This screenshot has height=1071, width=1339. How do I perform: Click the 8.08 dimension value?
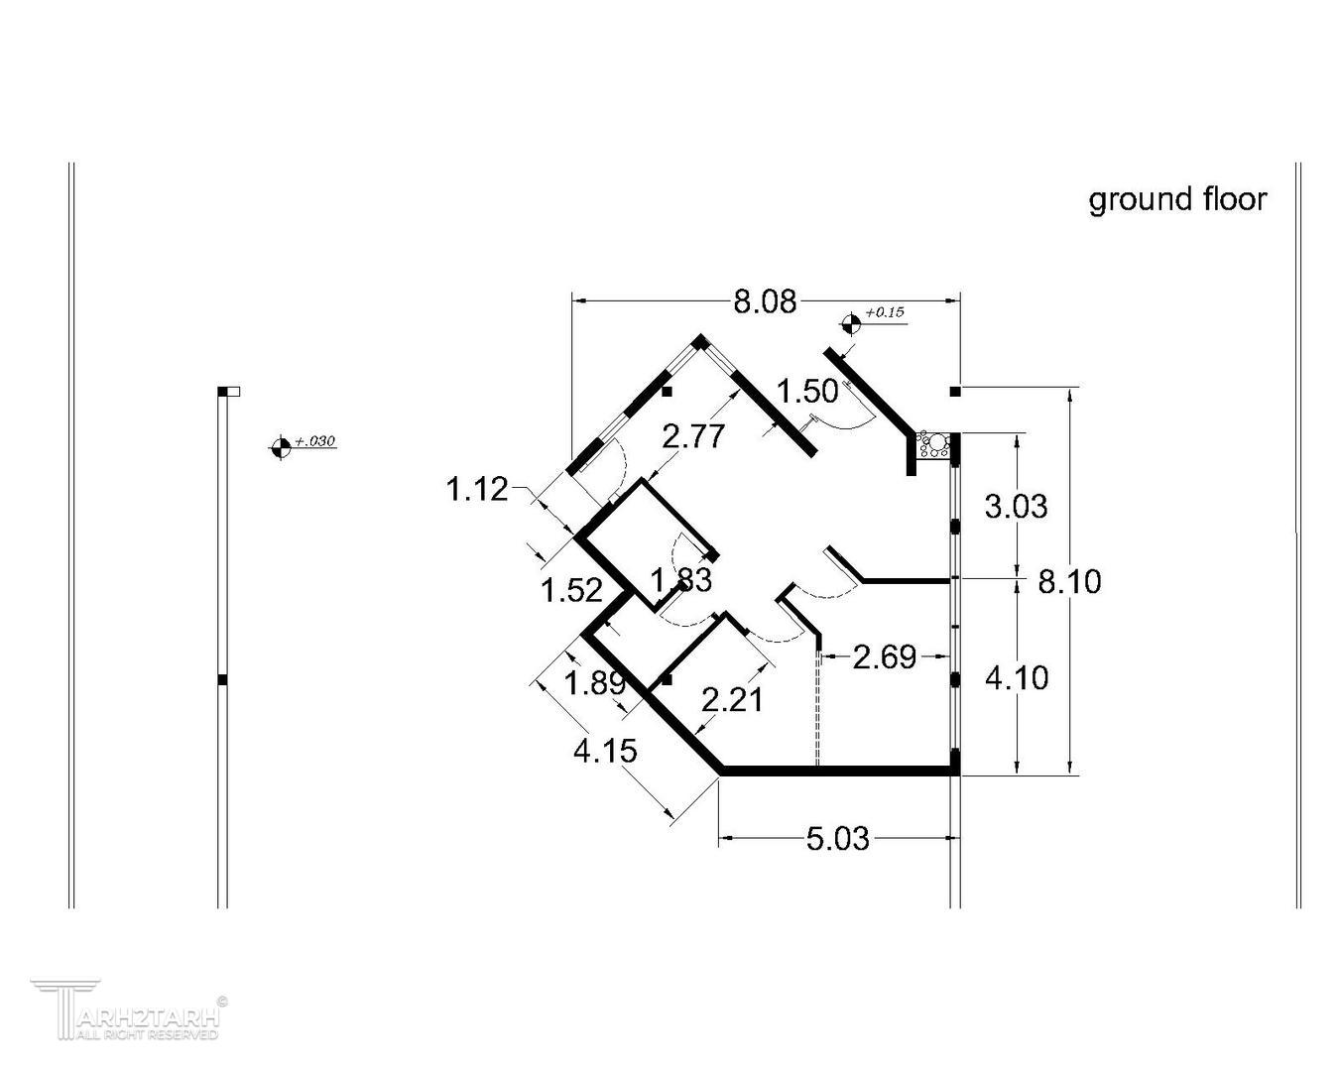tap(765, 301)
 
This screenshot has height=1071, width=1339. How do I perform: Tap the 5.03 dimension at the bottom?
tap(837, 840)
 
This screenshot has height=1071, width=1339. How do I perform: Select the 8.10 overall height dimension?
tap(1069, 581)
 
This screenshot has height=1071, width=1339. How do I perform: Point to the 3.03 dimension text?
tap(1016, 507)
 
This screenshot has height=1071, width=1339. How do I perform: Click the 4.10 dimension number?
tap(1016, 678)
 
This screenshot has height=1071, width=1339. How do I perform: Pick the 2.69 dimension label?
tap(885, 656)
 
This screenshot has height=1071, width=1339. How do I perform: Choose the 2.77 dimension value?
tap(694, 436)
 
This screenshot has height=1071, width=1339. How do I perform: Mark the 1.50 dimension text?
tap(807, 391)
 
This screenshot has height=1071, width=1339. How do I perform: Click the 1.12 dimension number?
tap(477, 489)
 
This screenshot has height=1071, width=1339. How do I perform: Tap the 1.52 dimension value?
tap(571, 590)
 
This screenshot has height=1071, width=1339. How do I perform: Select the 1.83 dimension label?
tap(680, 579)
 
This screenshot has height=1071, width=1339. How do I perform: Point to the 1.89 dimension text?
tap(595, 683)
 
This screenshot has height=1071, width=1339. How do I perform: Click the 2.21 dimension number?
tap(733, 700)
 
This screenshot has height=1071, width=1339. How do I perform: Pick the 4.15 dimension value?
tap(605, 751)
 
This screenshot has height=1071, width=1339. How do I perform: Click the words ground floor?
tap(1177, 199)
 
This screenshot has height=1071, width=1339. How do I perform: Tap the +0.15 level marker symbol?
tap(850, 321)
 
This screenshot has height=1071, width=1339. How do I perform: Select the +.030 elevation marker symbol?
tap(281, 447)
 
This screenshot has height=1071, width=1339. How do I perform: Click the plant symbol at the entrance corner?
tap(935, 444)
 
